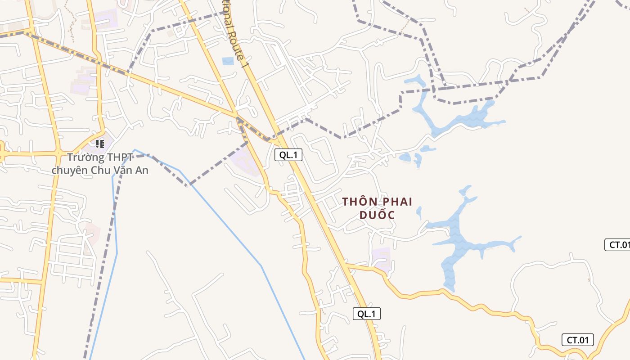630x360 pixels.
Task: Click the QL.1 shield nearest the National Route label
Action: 288,155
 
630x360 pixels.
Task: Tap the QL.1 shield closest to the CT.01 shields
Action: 366,314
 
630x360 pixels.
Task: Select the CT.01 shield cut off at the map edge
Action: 617,245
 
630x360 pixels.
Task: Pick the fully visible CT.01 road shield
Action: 577,340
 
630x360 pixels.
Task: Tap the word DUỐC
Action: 377,215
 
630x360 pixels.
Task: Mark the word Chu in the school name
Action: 101,171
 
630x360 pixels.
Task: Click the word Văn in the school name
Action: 123,171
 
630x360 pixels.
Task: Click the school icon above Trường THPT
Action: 99,144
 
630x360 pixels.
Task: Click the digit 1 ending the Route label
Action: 246,64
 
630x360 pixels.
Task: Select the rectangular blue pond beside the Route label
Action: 228,61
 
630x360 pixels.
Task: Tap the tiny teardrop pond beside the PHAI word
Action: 419,211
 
